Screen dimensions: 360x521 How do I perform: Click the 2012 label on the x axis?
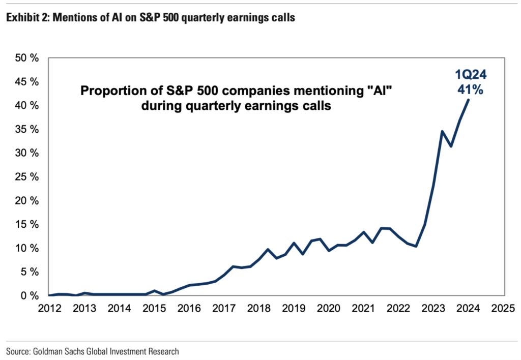(49, 308)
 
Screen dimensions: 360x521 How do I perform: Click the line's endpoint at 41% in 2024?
(468, 100)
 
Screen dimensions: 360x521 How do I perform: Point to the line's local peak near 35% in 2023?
(442, 131)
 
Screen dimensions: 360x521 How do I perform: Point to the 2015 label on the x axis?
(154, 308)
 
